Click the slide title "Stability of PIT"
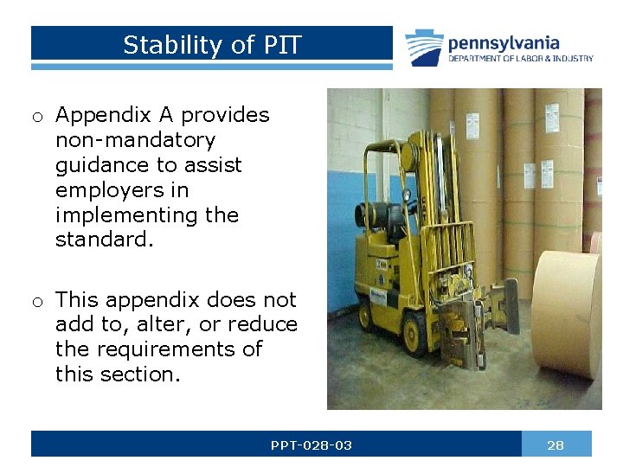click(x=212, y=45)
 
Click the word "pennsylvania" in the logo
click(x=503, y=42)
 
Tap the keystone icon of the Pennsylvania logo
click(x=425, y=48)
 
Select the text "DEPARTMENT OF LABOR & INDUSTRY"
click(x=520, y=59)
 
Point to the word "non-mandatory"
click(x=135, y=140)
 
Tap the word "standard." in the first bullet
click(x=104, y=239)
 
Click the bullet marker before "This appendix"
click(x=39, y=301)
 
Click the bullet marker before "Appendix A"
click(x=39, y=116)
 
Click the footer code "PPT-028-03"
click(x=311, y=445)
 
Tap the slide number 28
click(x=556, y=445)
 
